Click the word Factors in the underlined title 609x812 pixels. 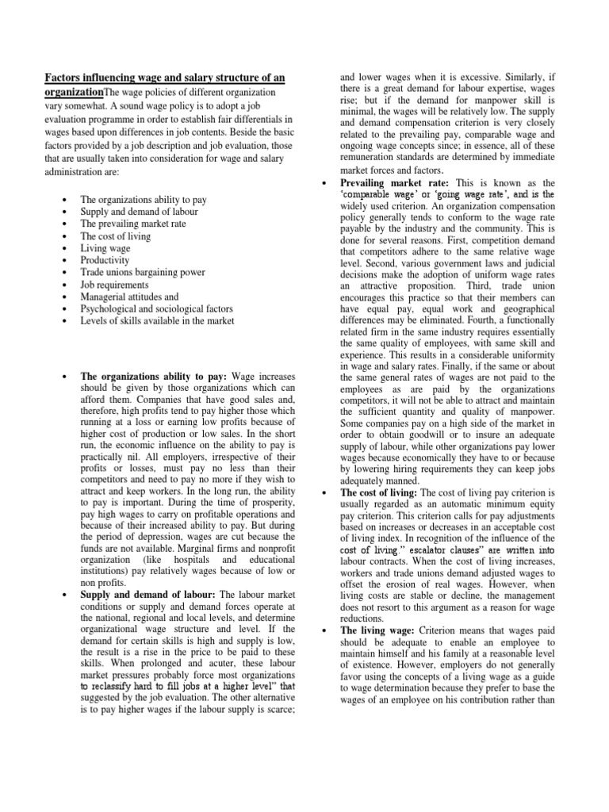coord(63,77)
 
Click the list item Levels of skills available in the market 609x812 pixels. coord(157,321)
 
